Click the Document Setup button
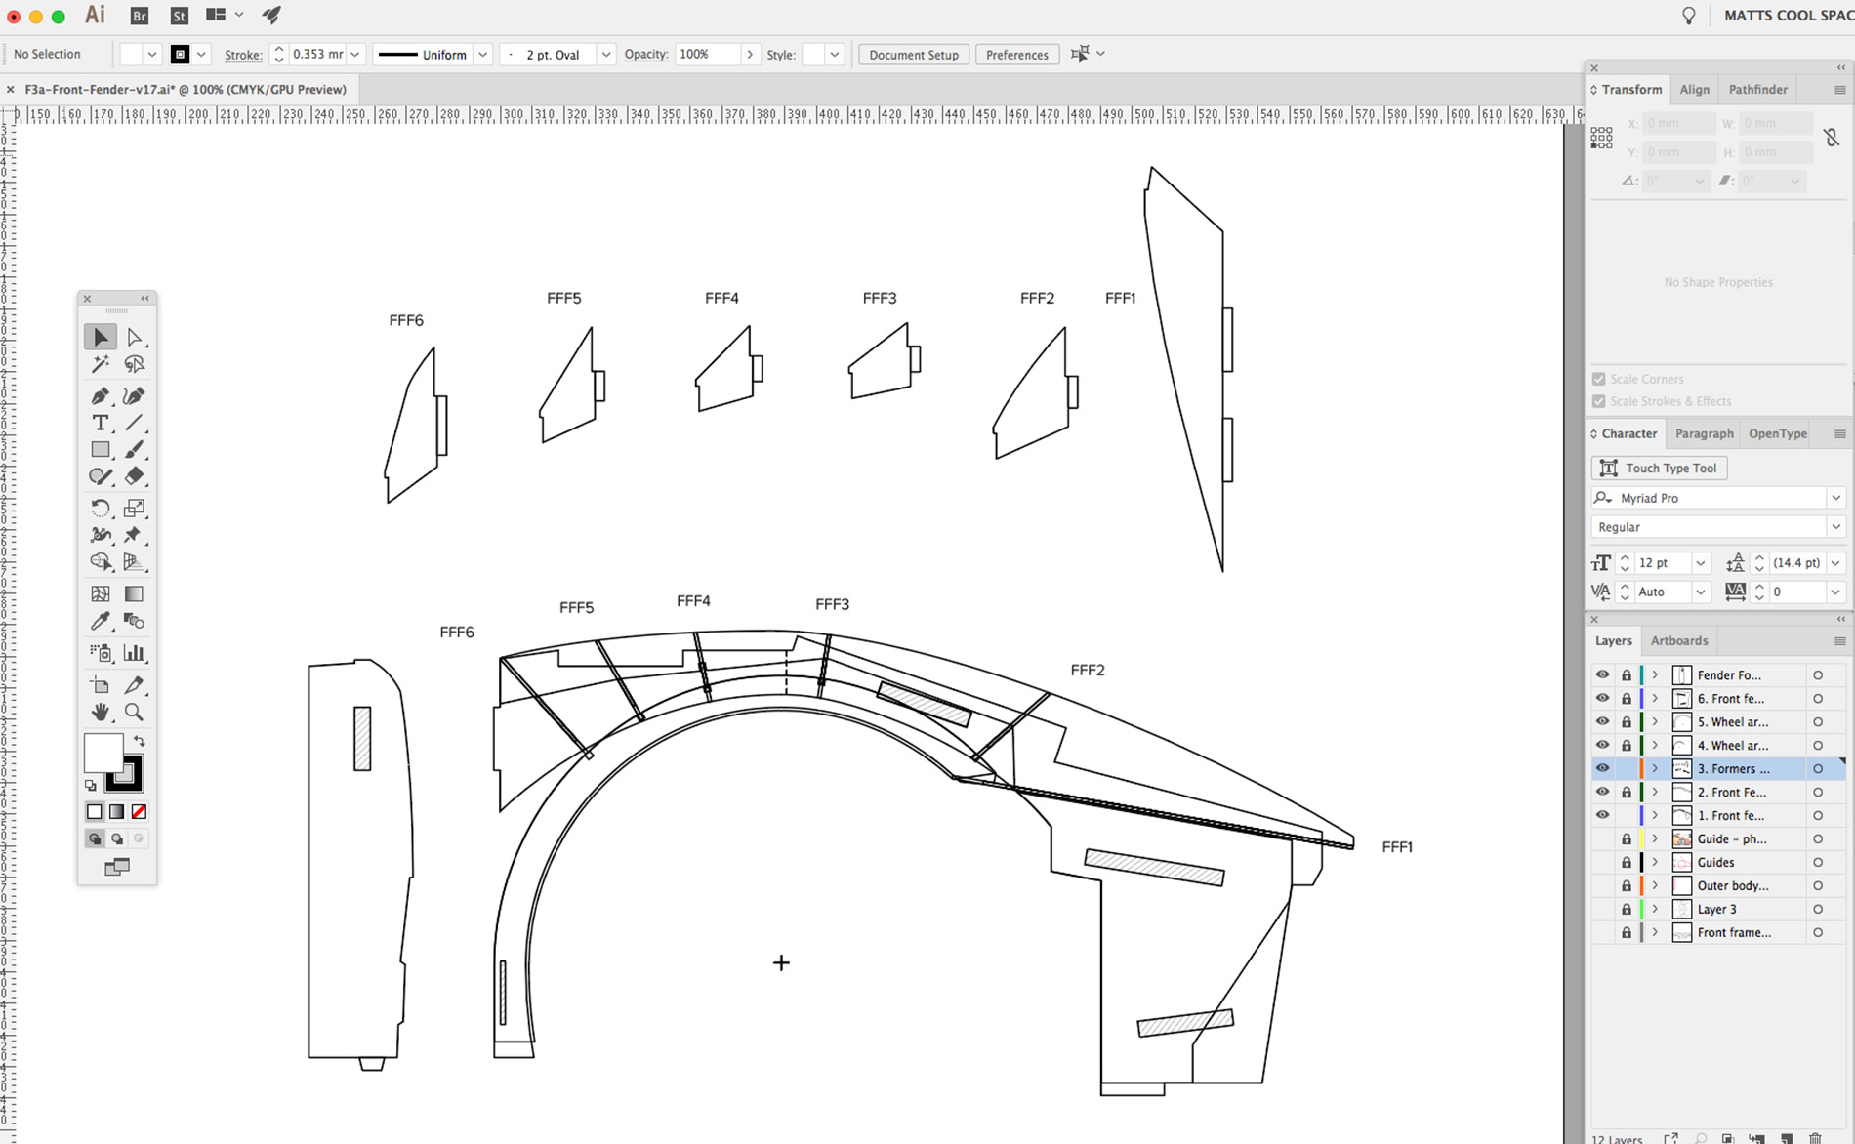tap(913, 55)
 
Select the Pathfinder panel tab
tap(1757, 89)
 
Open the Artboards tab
tap(1678, 641)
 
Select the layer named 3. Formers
tap(1732, 769)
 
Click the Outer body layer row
tap(1732, 886)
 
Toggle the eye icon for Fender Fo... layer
tap(1602, 674)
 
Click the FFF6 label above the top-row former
tap(406, 320)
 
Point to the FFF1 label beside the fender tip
tap(1397, 847)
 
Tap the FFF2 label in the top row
tap(1037, 299)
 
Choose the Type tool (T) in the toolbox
tap(101, 423)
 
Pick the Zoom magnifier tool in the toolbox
tap(135, 712)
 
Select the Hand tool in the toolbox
tap(101, 712)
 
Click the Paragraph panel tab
tap(1704, 433)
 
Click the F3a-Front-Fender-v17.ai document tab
tap(185, 89)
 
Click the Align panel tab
tap(1694, 89)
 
